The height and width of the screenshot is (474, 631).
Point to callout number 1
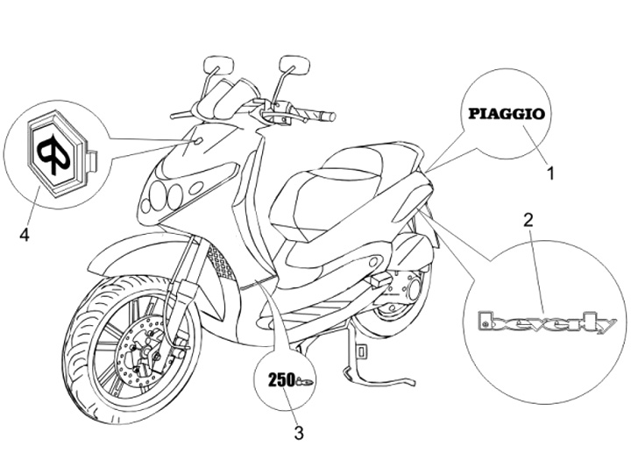pyautogui.click(x=551, y=173)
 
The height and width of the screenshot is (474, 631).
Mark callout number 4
pyautogui.click(x=25, y=236)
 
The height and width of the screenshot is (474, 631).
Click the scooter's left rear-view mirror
pyautogui.click(x=213, y=66)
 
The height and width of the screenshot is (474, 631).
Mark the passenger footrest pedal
pyautogui.click(x=379, y=279)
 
